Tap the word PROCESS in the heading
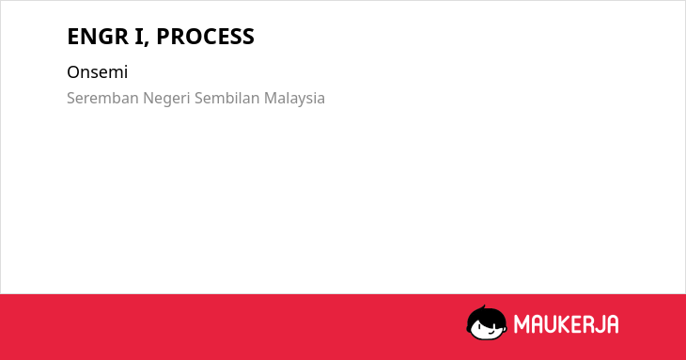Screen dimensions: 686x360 205,37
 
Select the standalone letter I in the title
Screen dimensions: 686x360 139,37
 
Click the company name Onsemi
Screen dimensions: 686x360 97,72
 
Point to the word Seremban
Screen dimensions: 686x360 102,98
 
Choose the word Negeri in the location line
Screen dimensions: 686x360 166,99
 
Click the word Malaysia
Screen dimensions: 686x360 294,99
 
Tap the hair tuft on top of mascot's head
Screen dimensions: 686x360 483,307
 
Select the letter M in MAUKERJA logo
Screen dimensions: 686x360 522,324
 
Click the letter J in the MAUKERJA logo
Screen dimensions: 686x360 598,324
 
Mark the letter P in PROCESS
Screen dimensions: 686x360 164,37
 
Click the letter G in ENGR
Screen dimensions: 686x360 107,37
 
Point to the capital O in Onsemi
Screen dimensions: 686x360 73,72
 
